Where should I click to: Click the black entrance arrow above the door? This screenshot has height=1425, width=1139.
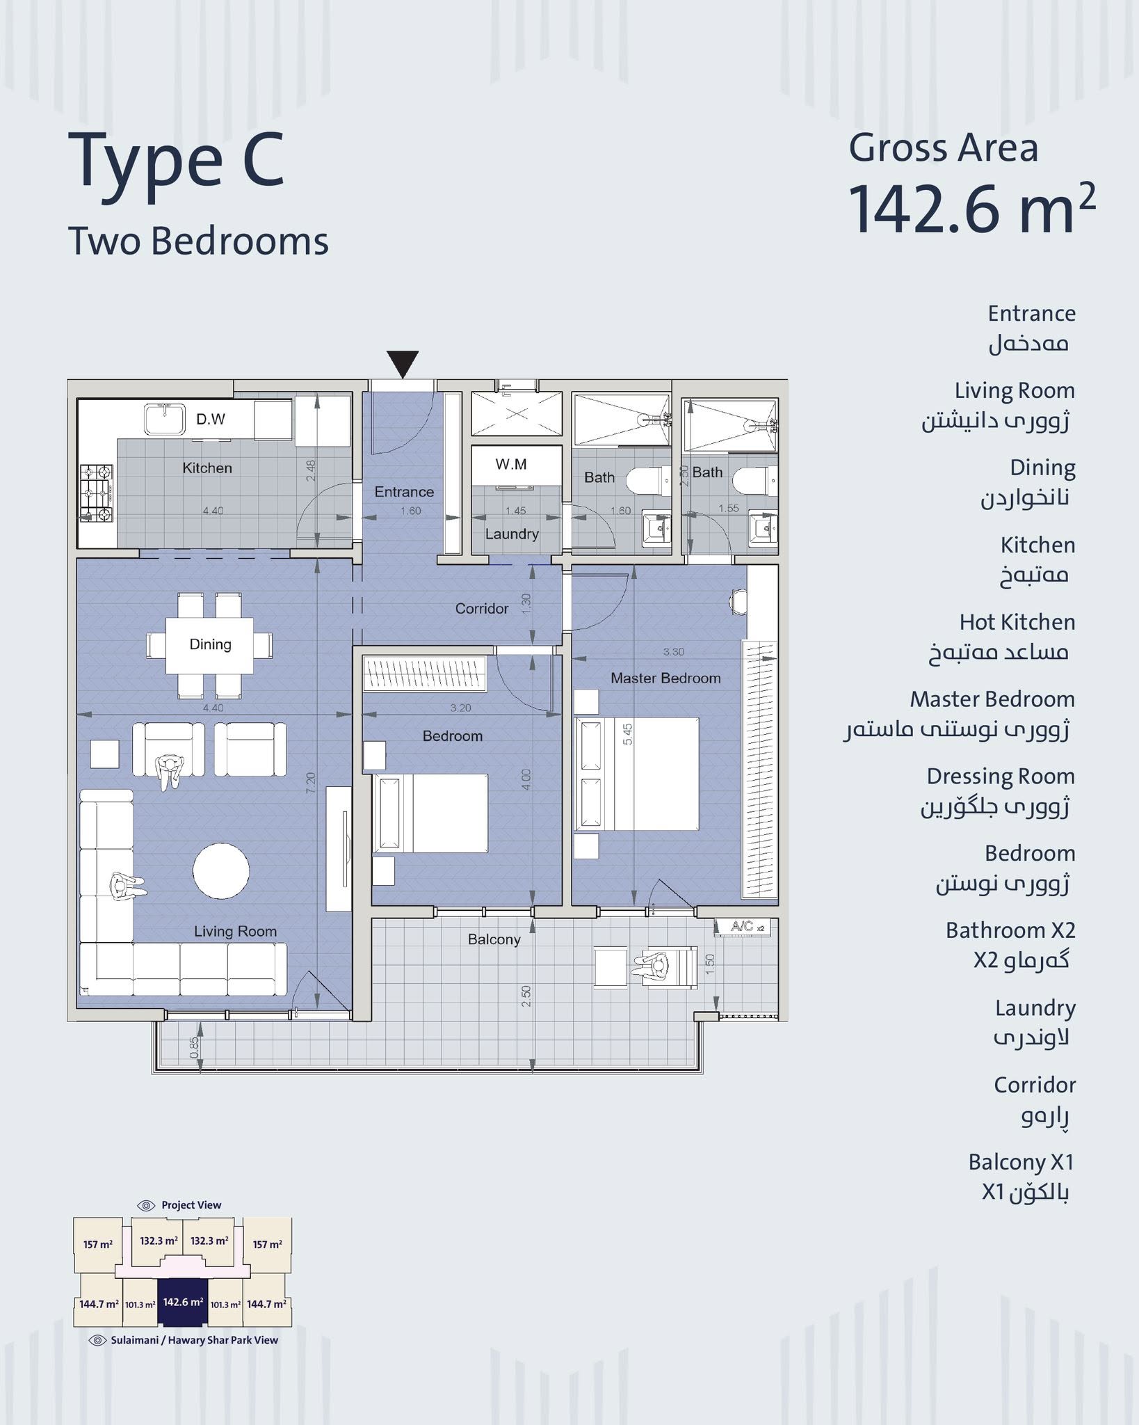point(403,363)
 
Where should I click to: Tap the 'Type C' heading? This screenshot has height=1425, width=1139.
point(177,161)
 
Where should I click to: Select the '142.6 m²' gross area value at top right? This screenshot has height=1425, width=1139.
point(972,207)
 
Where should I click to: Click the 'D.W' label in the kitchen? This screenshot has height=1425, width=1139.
point(211,419)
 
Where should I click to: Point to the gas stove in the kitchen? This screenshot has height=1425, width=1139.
point(96,493)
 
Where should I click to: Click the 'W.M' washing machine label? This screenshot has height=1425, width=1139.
point(511,464)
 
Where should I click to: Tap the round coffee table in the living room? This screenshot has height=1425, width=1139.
point(221,872)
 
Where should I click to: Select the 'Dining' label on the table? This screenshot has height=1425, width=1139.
point(210,644)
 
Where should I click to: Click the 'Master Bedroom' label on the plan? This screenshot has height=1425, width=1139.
point(665,678)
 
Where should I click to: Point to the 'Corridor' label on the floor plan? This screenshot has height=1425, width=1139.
point(482,609)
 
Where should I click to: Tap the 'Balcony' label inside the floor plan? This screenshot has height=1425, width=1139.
point(494,939)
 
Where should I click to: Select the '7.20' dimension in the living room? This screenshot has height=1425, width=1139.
point(311,782)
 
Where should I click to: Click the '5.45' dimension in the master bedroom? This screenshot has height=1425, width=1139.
point(628,734)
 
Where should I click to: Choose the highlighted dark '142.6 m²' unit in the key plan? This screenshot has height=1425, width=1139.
point(183,1301)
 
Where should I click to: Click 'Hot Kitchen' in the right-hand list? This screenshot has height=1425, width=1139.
point(1017,621)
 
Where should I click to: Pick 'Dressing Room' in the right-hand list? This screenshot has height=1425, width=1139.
point(1001,776)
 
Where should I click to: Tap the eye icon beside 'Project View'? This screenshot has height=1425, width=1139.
point(146,1205)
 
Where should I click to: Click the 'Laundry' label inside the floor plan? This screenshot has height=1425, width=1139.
point(512,534)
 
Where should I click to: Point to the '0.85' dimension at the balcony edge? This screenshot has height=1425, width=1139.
point(194,1048)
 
